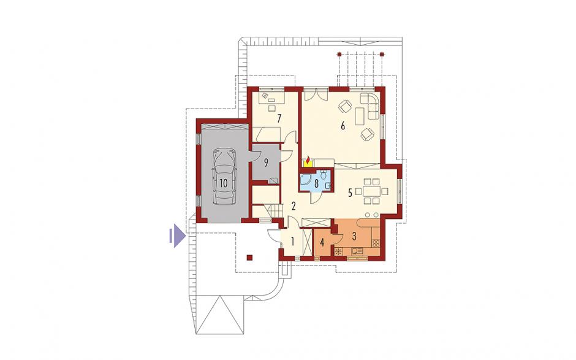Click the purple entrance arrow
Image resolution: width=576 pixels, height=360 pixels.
[176, 236]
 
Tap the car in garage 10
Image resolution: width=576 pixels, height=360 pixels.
[224, 177]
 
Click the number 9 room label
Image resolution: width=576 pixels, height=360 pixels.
[267, 163]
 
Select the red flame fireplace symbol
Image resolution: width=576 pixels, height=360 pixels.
[308, 161]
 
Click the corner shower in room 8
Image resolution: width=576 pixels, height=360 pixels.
[306, 182]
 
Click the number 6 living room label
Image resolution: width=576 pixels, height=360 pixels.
[343, 126]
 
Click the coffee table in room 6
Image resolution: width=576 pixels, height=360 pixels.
[358, 116]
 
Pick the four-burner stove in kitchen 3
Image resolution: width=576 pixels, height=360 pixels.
[376, 243]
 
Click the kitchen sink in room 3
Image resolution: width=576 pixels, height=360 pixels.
[357, 251]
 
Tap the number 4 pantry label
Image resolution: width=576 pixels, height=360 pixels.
[322, 243]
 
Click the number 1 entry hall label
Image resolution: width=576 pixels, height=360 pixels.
[293, 242]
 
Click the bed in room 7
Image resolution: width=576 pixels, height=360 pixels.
[268, 134]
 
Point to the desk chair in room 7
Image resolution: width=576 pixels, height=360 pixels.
[272, 108]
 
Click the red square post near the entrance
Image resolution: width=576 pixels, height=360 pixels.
[249, 258]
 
